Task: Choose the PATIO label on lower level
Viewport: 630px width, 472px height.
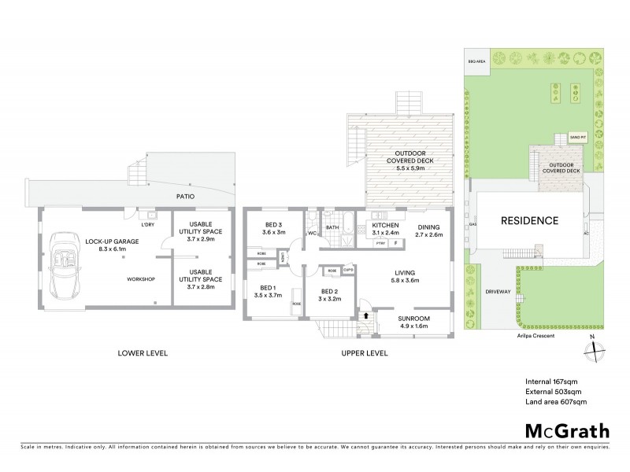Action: pos(186,195)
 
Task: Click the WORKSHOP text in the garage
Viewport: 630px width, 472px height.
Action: pos(141,279)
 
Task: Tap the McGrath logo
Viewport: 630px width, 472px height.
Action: pos(566,431)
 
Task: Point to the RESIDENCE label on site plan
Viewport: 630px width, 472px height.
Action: pos(530,221)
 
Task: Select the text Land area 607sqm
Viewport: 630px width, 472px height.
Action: pos(556,402)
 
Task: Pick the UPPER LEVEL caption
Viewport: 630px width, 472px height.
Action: pos(365,353)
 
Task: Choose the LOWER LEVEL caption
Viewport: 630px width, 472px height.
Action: pos(144,353)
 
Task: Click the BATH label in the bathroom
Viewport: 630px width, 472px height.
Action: pos(332,228)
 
